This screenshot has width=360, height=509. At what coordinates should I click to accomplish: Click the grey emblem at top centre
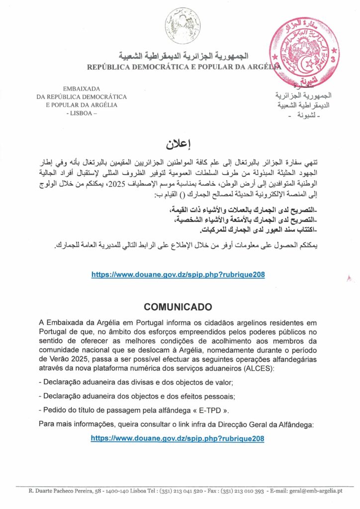(x=183, y=26)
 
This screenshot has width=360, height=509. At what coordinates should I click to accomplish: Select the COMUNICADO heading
(x=178, y=306)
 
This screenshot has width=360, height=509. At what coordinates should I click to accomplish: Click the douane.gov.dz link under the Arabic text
(x=178, y=274)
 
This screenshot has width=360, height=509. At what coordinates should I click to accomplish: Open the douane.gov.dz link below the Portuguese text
(x=178, y=438)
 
